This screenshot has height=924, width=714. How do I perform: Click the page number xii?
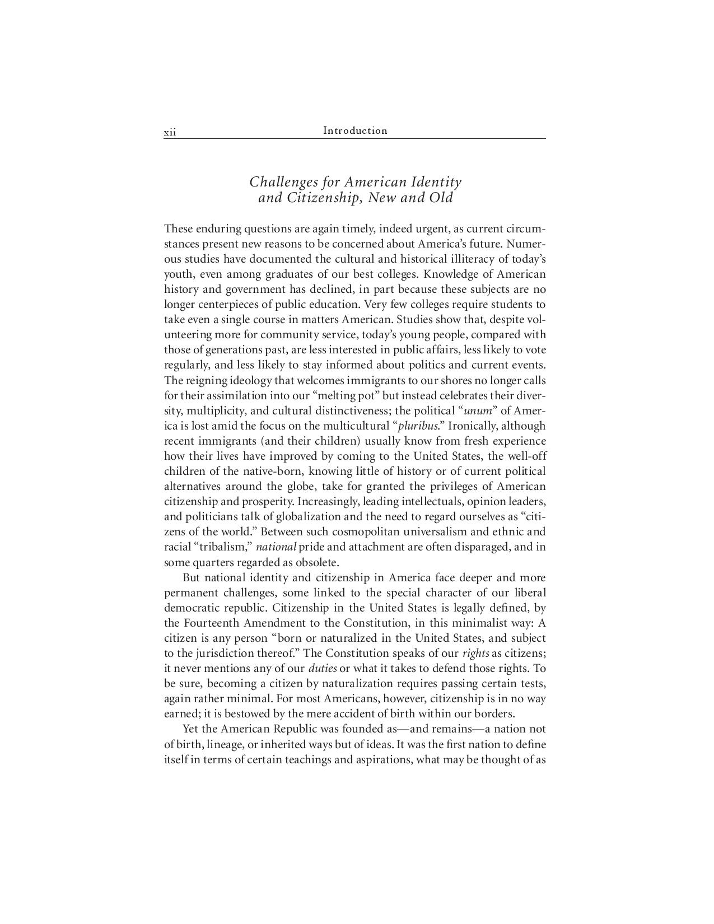point(170,133)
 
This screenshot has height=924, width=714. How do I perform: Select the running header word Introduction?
point(355,130)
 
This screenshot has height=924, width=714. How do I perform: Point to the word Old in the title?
point(441,198)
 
